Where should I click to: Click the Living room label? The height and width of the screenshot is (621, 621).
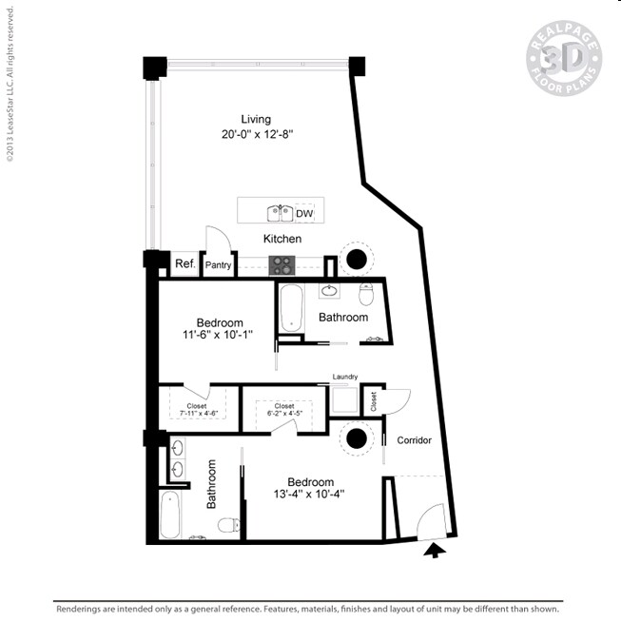(256, 119)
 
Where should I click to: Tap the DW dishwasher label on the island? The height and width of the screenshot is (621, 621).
(304, 214)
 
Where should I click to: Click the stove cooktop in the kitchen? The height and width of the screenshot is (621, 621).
(283, 265)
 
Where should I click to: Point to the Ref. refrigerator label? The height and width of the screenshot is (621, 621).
(184, 264)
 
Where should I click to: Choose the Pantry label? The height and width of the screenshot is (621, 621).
(219, 265)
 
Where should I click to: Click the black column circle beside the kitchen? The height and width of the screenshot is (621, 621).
(357, 259)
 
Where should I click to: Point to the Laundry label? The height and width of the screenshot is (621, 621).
(344, 378)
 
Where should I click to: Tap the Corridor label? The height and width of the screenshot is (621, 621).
(414, 440)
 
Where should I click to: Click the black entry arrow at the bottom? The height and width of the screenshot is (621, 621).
(434, 550)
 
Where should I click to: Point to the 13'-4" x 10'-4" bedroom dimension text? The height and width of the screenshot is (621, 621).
(309, 494)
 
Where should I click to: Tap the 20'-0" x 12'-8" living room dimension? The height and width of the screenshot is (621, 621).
(256, 135)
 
